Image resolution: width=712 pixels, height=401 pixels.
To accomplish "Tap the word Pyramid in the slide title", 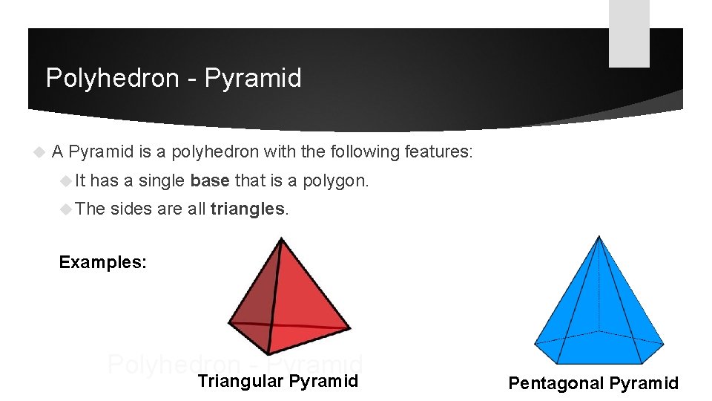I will [253, 78].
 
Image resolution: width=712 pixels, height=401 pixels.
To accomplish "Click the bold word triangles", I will [248, 209].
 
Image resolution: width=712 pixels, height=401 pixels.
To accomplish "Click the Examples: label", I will [102, 262].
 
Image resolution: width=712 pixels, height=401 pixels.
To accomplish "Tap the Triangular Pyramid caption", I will [277, 382].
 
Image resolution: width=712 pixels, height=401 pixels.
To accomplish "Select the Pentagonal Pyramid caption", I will [593, 383].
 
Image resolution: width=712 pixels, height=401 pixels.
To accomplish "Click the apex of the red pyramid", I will [280, 239].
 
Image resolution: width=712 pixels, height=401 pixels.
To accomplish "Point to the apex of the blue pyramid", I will [599, 237].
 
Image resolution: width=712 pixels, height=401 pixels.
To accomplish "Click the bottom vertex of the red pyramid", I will [269, 353].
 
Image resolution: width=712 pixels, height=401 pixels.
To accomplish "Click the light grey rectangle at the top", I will [629, 33].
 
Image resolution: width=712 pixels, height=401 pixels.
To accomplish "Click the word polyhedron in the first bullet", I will [216, 152].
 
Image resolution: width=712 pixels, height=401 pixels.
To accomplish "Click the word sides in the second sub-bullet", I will [131, 209].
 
